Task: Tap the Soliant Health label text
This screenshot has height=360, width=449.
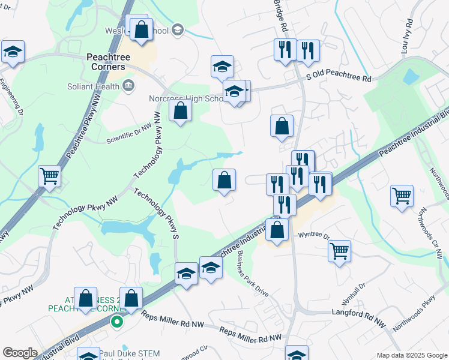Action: (x=94, y=86)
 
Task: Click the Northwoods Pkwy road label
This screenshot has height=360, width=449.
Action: (x=414, y=316)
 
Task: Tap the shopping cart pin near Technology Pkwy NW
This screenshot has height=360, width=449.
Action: (x=49, y=175)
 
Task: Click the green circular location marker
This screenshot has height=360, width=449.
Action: (x=117, y=322)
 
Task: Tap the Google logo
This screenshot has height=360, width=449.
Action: (x=20, y=353)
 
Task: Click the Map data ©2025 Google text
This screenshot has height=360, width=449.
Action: (x=411, y=355)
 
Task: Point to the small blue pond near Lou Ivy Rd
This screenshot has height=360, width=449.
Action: (x=411, y=77)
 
